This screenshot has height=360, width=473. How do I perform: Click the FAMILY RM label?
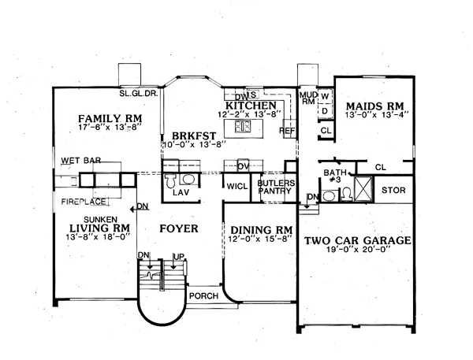110,118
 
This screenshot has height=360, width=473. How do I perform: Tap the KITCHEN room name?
251,106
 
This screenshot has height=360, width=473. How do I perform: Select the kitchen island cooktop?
243,126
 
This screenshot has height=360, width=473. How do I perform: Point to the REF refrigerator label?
287,131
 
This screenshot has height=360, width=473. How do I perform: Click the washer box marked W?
325,96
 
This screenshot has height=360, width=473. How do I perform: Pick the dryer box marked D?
325,111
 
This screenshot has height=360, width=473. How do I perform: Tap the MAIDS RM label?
375,106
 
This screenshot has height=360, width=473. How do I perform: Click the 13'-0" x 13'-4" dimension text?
377,114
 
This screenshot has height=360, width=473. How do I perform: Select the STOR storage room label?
393,190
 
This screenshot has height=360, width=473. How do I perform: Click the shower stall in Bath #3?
363,189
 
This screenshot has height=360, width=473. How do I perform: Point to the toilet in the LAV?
170,180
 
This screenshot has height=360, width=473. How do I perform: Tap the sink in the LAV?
188,179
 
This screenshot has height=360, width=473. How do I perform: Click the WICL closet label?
237,187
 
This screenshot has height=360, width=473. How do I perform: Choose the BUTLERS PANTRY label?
276,187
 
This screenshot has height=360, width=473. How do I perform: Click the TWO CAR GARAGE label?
357,240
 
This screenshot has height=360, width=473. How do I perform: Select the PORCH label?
203,295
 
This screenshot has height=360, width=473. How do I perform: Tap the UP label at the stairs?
179,257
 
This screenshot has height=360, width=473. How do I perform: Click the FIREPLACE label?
84,202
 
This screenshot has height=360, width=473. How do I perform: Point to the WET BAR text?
81,161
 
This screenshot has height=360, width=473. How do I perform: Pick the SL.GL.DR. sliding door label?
139,93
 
